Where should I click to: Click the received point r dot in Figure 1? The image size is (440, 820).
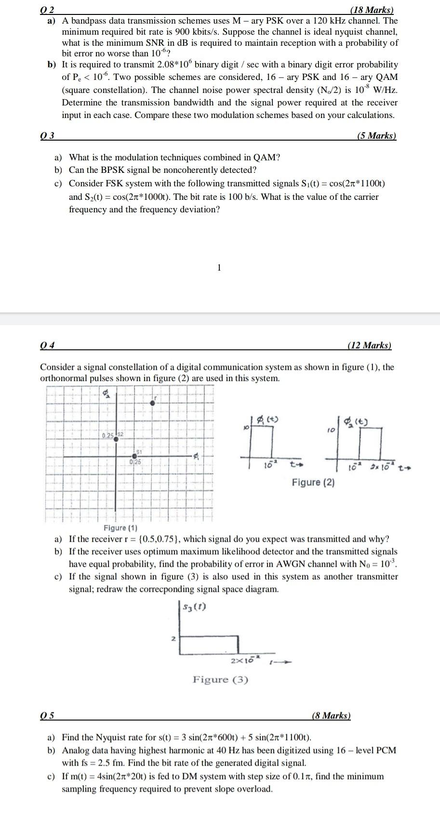tap(153, 403)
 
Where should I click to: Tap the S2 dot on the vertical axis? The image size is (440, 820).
tap(116, 439)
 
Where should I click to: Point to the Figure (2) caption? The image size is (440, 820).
tap(313, 482)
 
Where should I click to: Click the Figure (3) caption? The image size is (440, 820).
tap(220, 679)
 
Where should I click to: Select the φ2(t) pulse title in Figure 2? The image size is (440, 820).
tap(357, 422)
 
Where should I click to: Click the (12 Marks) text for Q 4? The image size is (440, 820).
tap(370, 345)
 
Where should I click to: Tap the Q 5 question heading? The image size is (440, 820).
tap(47, 716)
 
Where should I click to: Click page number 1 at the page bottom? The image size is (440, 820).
tap(219, 268)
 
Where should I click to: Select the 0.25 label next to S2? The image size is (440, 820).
tap(107, 435)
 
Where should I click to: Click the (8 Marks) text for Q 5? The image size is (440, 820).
tap(331, 716)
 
